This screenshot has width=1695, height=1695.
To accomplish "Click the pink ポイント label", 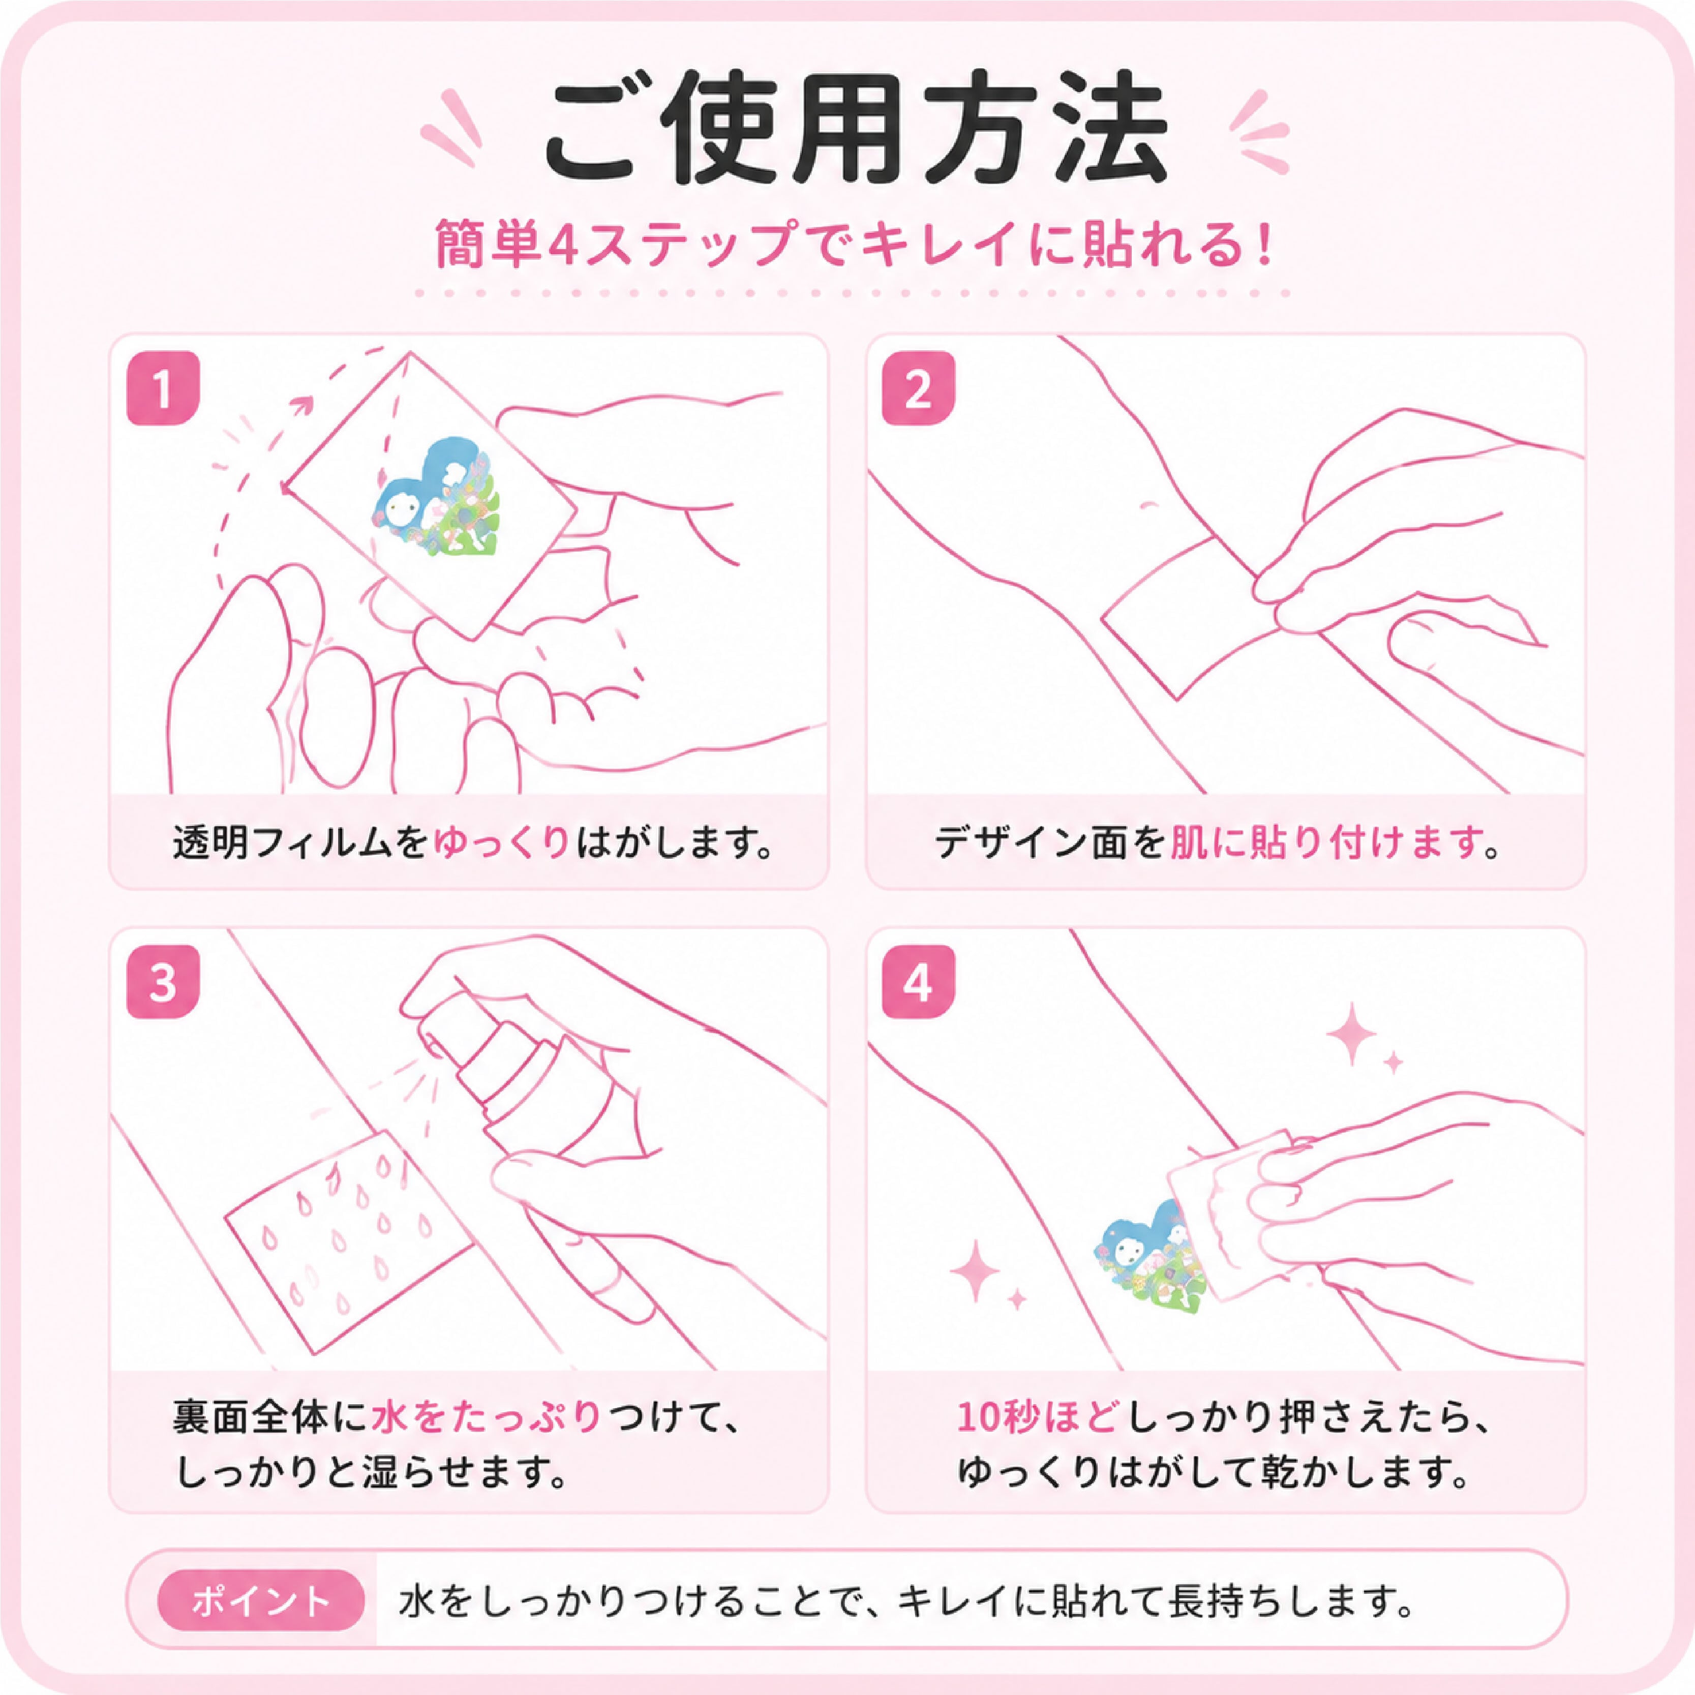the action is coord(261,1601).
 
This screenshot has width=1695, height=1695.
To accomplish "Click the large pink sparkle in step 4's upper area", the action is coord(1352,1035).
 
